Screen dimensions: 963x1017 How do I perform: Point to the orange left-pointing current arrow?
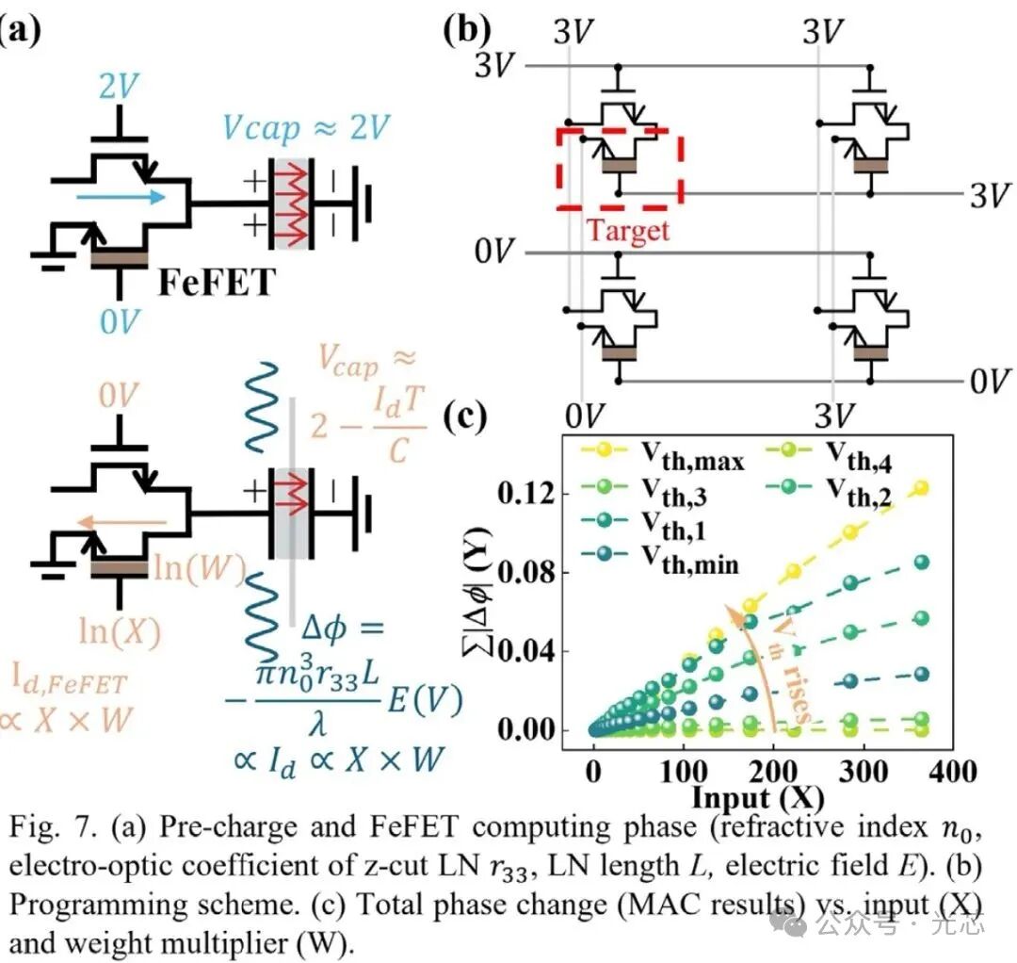tap(121, 519)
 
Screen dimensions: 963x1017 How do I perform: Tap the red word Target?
tap(628, 230)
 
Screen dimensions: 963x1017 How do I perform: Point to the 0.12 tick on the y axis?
tap(531, 494)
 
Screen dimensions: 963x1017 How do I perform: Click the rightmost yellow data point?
tap(920, 487)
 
